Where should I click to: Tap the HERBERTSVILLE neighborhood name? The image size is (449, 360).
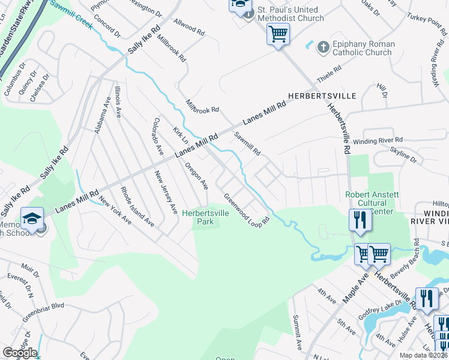pyautogui.click(x=321, y=96)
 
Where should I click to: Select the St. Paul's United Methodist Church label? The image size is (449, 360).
pyautogui.click(x=291, y=14)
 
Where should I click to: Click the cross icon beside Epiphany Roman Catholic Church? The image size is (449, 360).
pyautogui.click(x=322, y=46)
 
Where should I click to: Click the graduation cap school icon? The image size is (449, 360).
pyautogui.click(x=32, y=218)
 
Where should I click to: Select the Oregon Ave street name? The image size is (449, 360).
pyautogui.click(x=196, y=176)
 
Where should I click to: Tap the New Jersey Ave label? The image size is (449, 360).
pyautogui.click(x=166, y=193)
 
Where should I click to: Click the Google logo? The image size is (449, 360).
pyautogui.click(x=19, y=352)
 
